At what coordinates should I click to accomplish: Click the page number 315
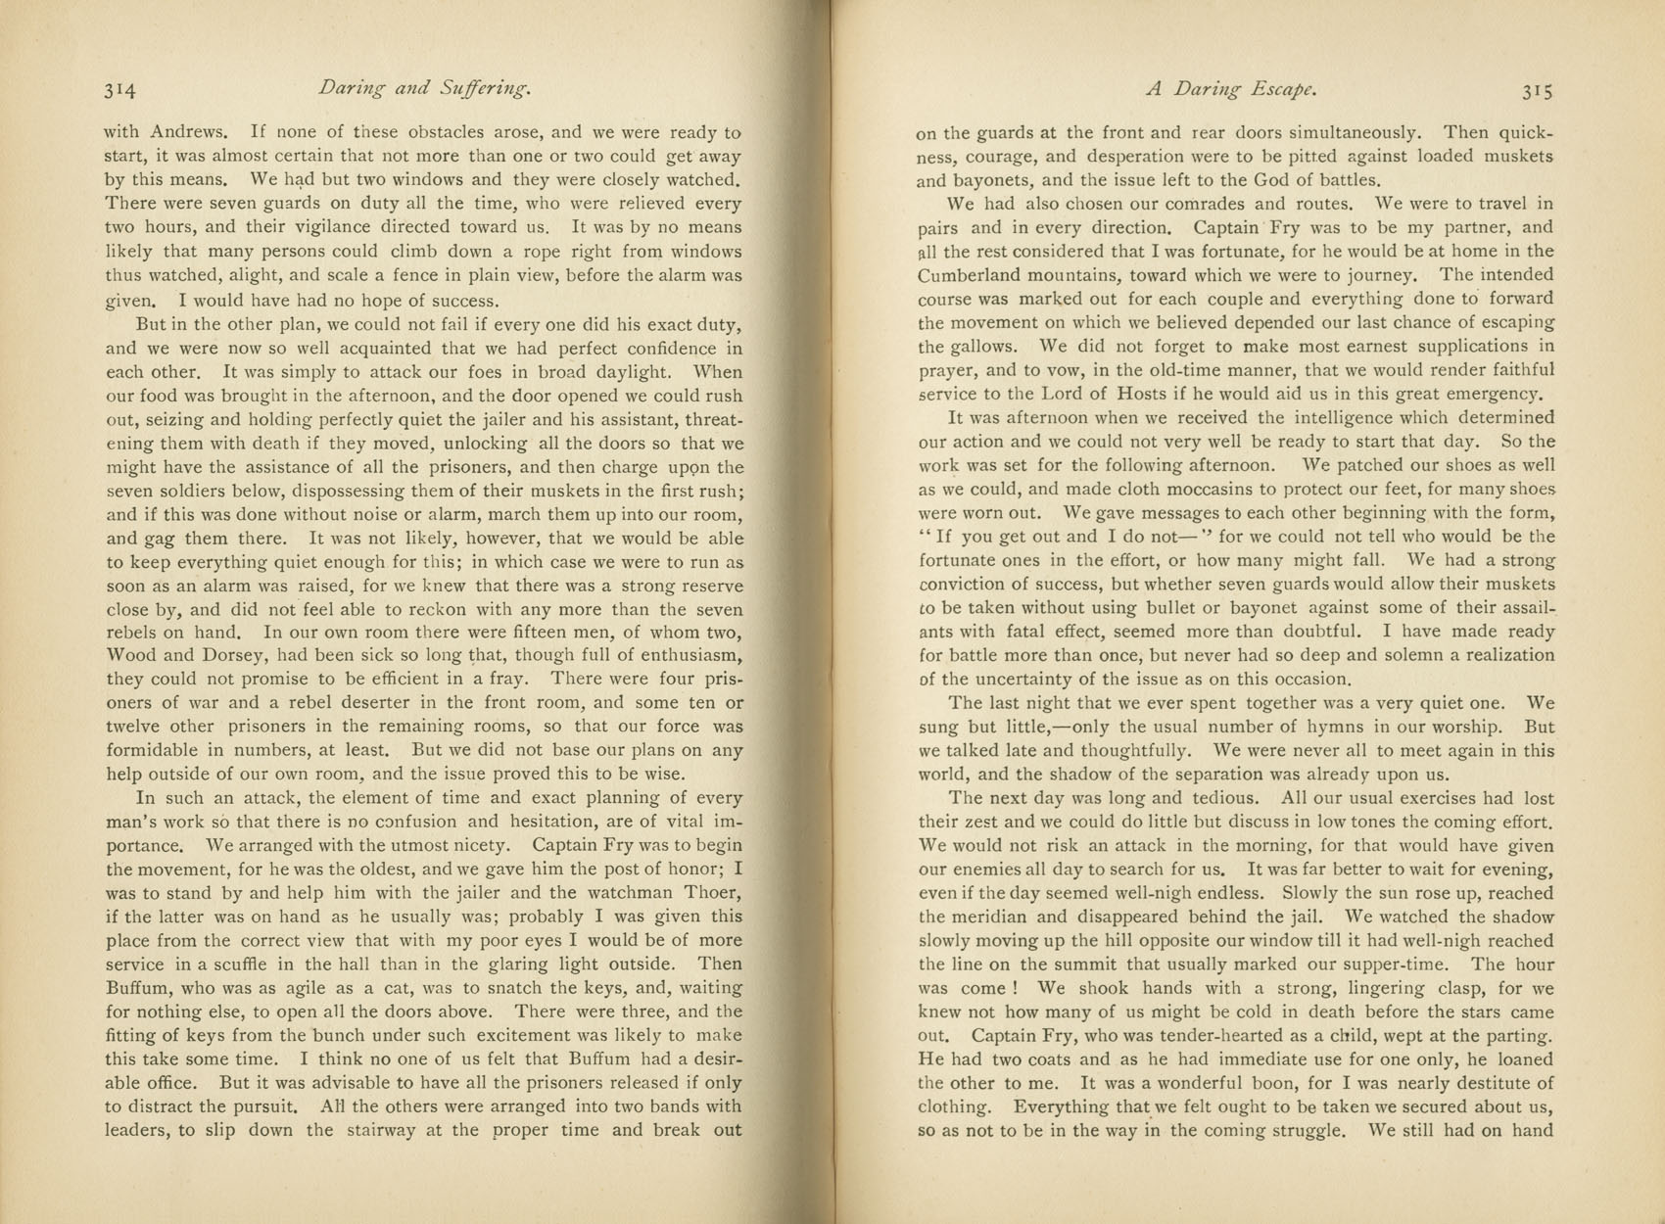click(x=1538, y=91)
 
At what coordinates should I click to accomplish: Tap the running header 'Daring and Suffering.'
click(x=424, y=90)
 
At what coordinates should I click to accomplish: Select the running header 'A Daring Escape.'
click(x=1231, y=90)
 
